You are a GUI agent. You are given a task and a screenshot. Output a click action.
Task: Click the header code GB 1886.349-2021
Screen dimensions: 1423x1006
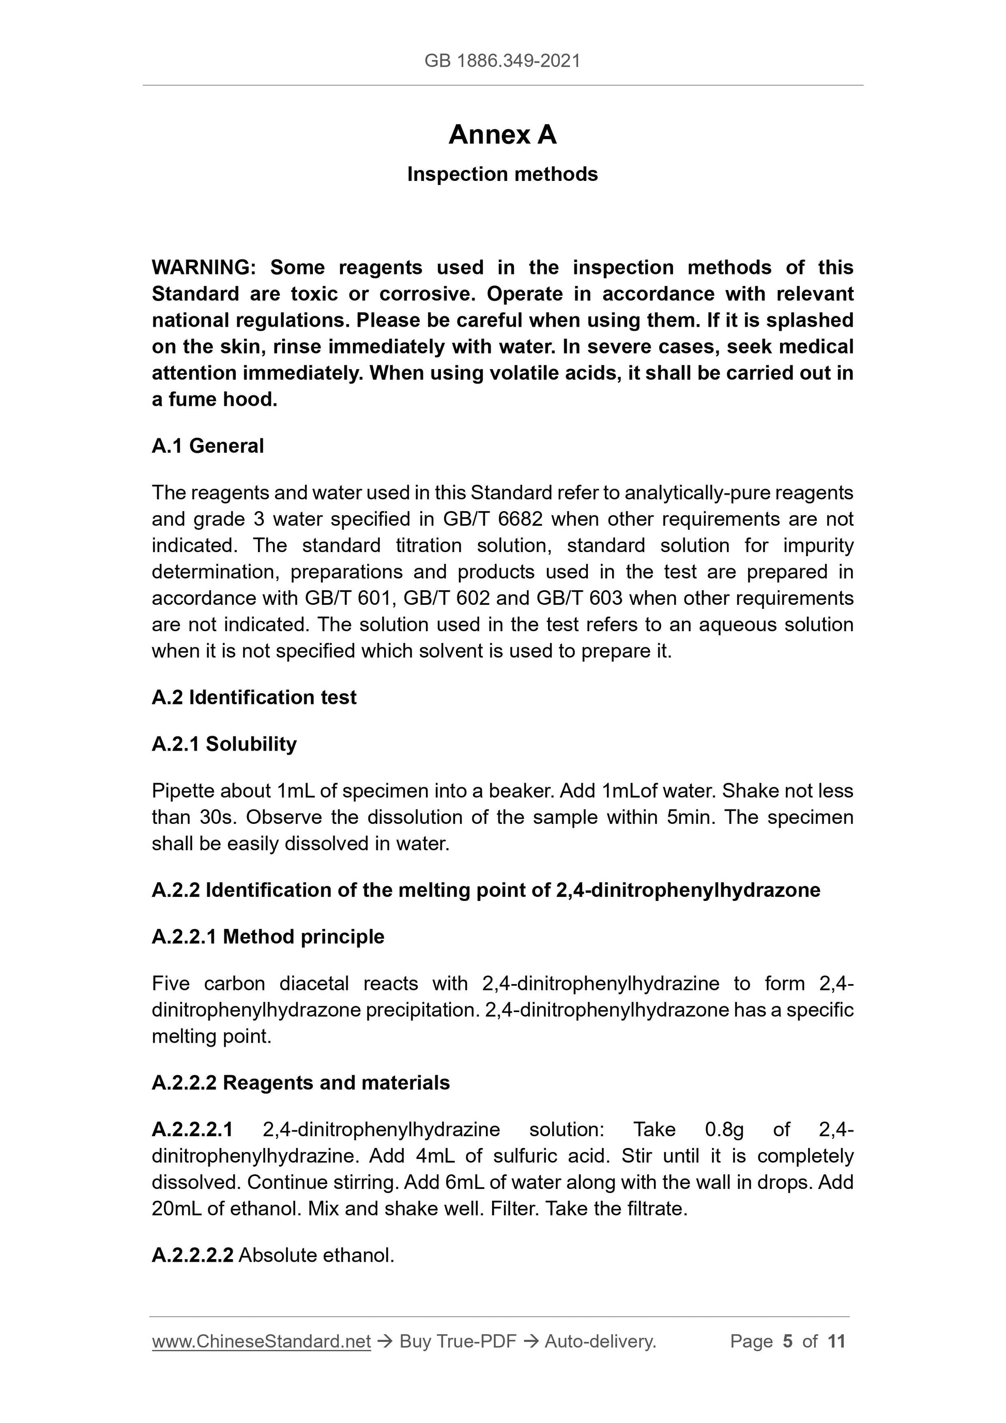502,61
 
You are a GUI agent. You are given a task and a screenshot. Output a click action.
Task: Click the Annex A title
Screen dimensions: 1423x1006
502,134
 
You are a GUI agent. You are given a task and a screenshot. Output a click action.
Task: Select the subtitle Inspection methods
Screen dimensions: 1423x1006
502,174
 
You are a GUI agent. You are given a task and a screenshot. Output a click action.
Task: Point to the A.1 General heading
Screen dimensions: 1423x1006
208,446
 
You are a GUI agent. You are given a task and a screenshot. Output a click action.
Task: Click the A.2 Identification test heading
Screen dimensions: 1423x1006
254,697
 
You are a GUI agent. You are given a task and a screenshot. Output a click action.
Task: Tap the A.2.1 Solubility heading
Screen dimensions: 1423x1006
224,744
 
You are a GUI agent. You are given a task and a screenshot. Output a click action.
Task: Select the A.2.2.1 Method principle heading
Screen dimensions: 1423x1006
268,937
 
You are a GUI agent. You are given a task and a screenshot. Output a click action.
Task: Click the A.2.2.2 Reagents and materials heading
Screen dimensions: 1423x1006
301,1083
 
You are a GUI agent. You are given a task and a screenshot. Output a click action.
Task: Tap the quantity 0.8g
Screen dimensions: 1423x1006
724,1129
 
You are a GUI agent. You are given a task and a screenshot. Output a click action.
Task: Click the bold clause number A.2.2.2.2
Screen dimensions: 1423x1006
192,1255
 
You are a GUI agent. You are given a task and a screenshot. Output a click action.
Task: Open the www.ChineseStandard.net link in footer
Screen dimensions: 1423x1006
261,1341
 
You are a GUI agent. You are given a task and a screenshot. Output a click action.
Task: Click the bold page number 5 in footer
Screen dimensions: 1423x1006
787,1341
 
